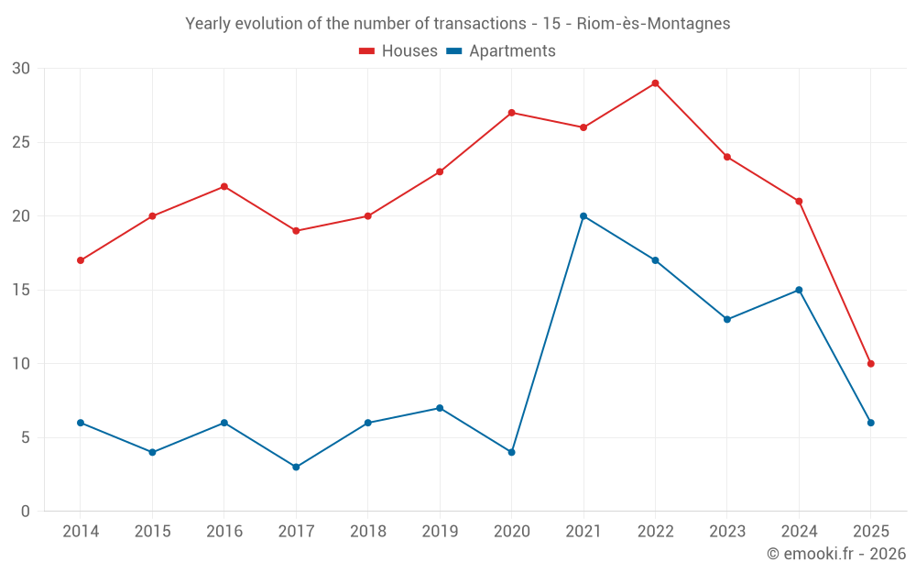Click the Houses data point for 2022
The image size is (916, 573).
tap(655, 83)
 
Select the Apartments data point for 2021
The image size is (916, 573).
tap(583, 216)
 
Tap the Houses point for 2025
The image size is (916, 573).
tap(871, 364)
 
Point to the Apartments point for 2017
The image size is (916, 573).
tap(296, 467)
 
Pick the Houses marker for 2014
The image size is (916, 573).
tap(81, 260)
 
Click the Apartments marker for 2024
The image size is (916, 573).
tap(799, 290)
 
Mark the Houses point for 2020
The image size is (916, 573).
tap(511, 113)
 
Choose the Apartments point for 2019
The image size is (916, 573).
tap(440, 408)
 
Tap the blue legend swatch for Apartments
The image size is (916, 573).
tap(453, 51)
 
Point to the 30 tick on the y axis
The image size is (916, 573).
tap(21, 69)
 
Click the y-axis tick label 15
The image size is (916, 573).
tap(21, 290)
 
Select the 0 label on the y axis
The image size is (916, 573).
tap(26, 511)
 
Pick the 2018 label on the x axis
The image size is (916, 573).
tap(367, 532)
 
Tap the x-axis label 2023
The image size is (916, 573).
tap(727, 532)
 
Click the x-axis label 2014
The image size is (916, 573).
tap(81, 532)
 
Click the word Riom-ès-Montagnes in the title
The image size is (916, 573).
tap(654, 23)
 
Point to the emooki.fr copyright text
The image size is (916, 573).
tap(835, 554)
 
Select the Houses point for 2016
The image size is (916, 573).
tap(224, 187)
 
